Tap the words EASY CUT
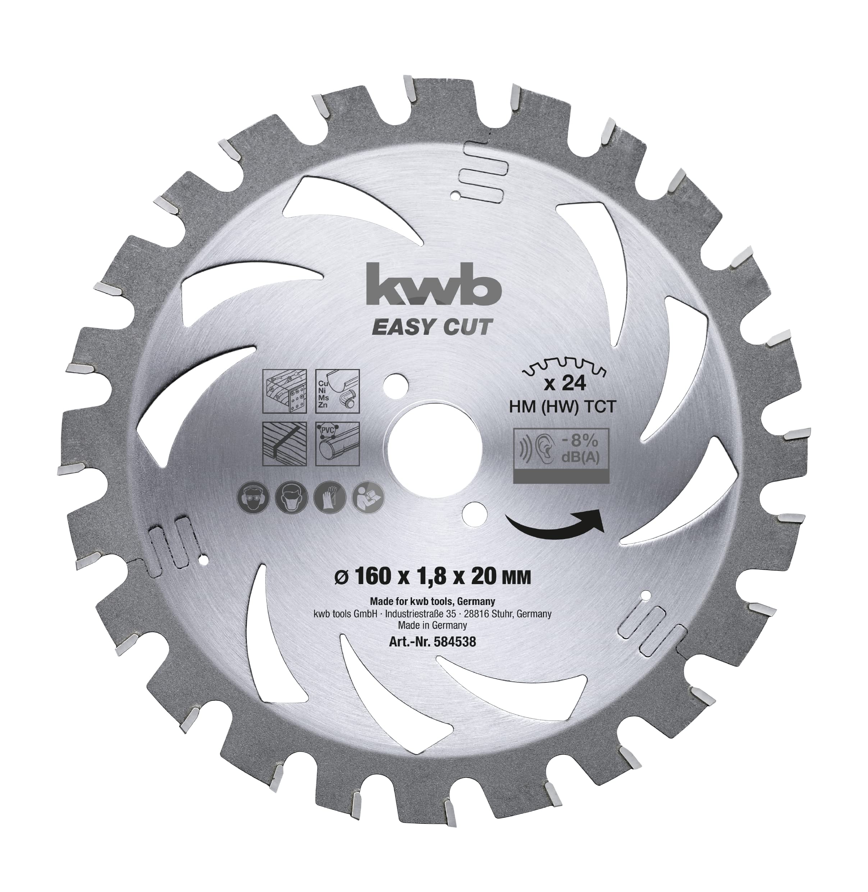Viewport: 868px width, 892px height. coord(433,327)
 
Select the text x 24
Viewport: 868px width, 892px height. coord(565,384)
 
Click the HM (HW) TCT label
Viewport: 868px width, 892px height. coord(563,406)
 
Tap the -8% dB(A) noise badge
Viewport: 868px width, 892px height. coord(561,455)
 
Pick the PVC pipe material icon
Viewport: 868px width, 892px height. coord(337,444)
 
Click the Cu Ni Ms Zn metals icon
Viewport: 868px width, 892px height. coord(337,391)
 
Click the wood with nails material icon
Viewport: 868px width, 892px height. coord(285,391)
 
